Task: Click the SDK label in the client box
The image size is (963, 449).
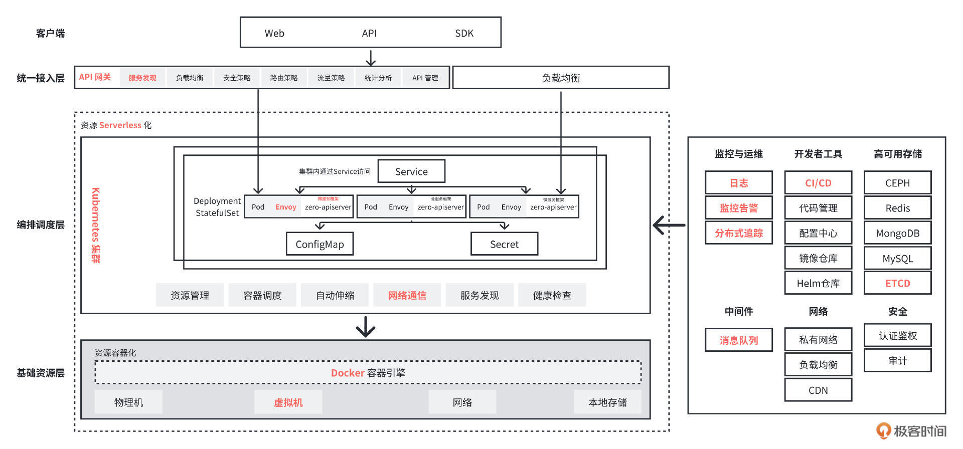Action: click(464, 33)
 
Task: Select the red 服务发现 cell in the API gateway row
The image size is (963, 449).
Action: click(142, 78)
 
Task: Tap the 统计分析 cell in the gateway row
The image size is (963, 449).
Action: click(378, 78)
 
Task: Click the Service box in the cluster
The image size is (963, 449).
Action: click(411, 171)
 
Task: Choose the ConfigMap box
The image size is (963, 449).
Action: click(319, 244)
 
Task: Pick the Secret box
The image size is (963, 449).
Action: click(504, 244)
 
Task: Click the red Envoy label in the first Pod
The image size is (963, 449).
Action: click(286, 207)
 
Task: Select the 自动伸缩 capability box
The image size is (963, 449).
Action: click(335, 295)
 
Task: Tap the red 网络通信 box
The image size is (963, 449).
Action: click(407, 295)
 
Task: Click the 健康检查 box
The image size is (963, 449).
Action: click(552, 295)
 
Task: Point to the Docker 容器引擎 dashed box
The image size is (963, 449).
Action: click(368, 373)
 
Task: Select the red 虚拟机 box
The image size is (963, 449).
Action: click(288, 402)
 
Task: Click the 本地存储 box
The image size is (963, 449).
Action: click(607, 402)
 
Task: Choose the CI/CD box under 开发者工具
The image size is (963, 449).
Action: click(818, 183)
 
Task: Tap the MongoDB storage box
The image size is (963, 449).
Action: click(897, 233)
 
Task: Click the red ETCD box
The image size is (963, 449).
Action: click(897, 283)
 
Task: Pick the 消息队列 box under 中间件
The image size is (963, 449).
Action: click(738, 340)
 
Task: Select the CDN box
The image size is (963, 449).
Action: click(818, 390)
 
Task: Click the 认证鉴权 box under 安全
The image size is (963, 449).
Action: click(897, 335)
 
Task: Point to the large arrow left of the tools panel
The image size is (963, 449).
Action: click(669, 225)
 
